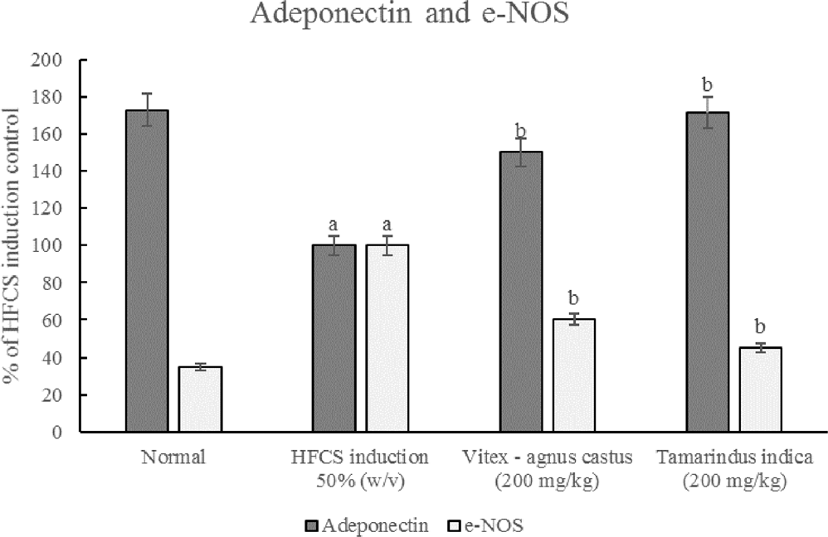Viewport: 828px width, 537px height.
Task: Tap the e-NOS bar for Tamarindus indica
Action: [761, 389]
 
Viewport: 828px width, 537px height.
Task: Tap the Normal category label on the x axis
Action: [173, 456]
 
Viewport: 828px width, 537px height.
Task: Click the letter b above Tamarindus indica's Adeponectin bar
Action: [708, 85]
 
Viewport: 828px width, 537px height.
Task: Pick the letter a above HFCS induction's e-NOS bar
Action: [387, 225]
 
